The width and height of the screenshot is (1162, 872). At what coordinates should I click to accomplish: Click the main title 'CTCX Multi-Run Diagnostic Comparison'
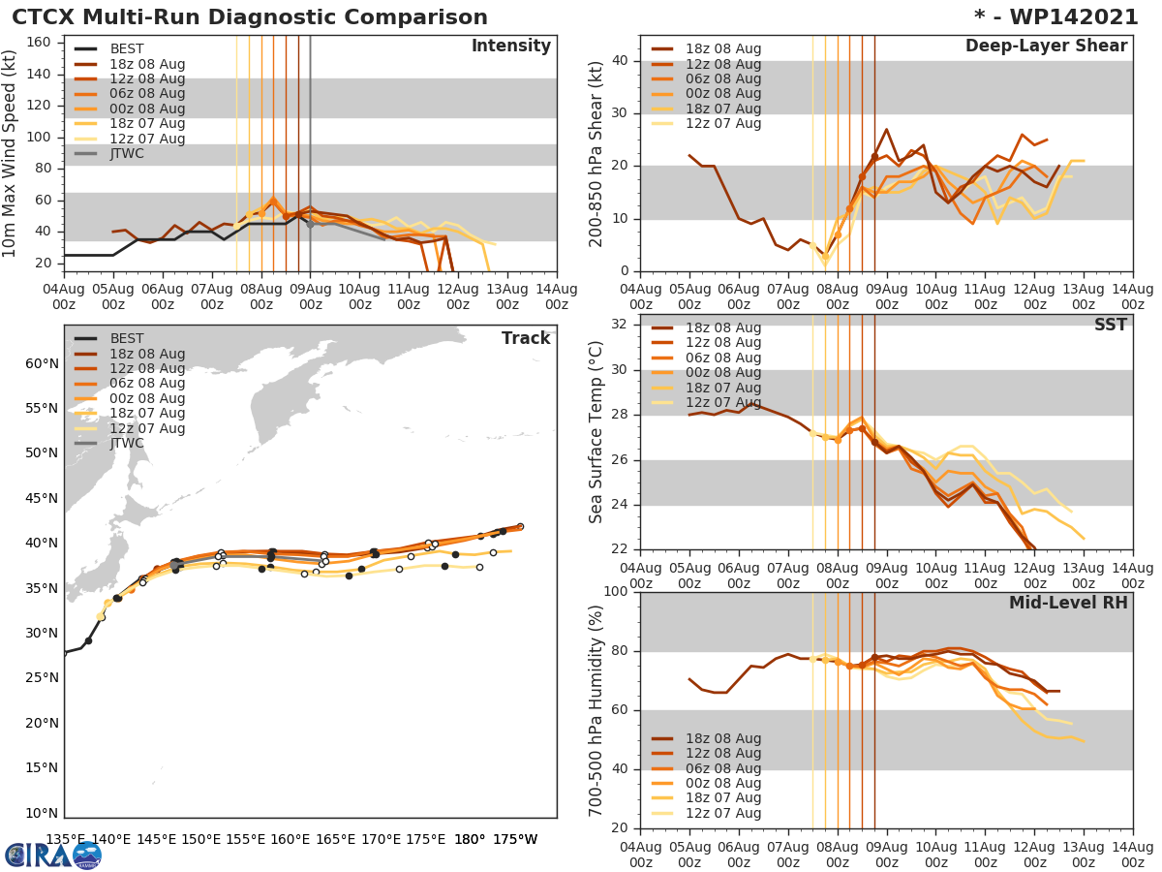(x=250, y=17)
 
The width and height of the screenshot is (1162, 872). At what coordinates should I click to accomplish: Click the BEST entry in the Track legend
(x=127, y=339)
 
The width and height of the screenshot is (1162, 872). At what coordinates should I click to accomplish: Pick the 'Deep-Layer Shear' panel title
(x=1046, y=47)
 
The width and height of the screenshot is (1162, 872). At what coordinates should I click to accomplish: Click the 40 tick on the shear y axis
(x=620, y=61)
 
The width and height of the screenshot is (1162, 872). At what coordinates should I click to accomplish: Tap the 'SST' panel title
(x=1110, y=326)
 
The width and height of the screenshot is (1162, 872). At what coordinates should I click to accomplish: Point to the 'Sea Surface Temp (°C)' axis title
(x=596, y=432)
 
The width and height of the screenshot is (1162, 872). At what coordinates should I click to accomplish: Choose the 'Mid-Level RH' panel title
(x=1067, y=603)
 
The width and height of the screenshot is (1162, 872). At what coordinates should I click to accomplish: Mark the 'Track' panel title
(x=525, y=338)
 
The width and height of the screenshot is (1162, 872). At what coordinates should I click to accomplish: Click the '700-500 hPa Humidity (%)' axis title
(x=596, y=708)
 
